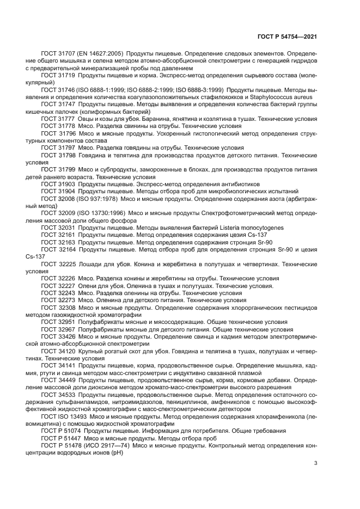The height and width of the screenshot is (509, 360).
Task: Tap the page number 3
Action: pyautogui.click(x=316, y=463)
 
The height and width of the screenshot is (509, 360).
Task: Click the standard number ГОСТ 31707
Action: pyautogui.click(x=57, y=54)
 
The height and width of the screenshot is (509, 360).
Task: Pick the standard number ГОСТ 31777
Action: pyautogui.click(x=57, y=118)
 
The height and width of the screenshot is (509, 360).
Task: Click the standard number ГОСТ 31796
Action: pyautogui.click(x=57, y=132)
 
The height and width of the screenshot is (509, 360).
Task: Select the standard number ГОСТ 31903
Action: pyautogui.click(x=57, y=184)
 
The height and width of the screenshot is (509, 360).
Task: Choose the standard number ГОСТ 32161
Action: pyautogui.click(x=57, y=235)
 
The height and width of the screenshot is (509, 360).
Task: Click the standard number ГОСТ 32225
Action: pyautogui.click(x=57, y=263)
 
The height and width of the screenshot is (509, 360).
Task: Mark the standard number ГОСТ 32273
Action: pyautogui.click(x=57, y=299)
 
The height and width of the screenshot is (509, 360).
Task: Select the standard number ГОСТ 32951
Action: pyautogui.click(x=57, y=321)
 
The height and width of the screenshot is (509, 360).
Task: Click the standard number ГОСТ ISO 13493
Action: pyautogui.click(x=64, y=416)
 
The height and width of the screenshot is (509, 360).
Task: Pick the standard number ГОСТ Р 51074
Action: pyautogui.click(x=60, y=431)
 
